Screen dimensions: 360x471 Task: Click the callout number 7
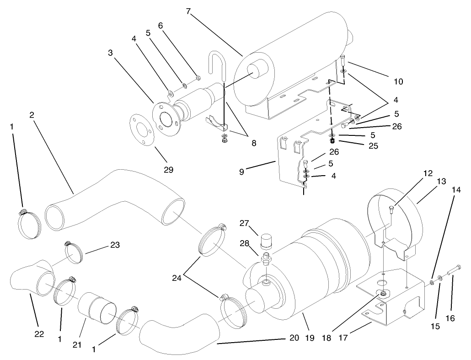click(x=188, y=11)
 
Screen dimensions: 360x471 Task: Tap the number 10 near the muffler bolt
click(x=398, y=81)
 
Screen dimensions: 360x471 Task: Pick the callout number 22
click(x=39, y=334)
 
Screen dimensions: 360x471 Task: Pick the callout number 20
click(x=294, y=339)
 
